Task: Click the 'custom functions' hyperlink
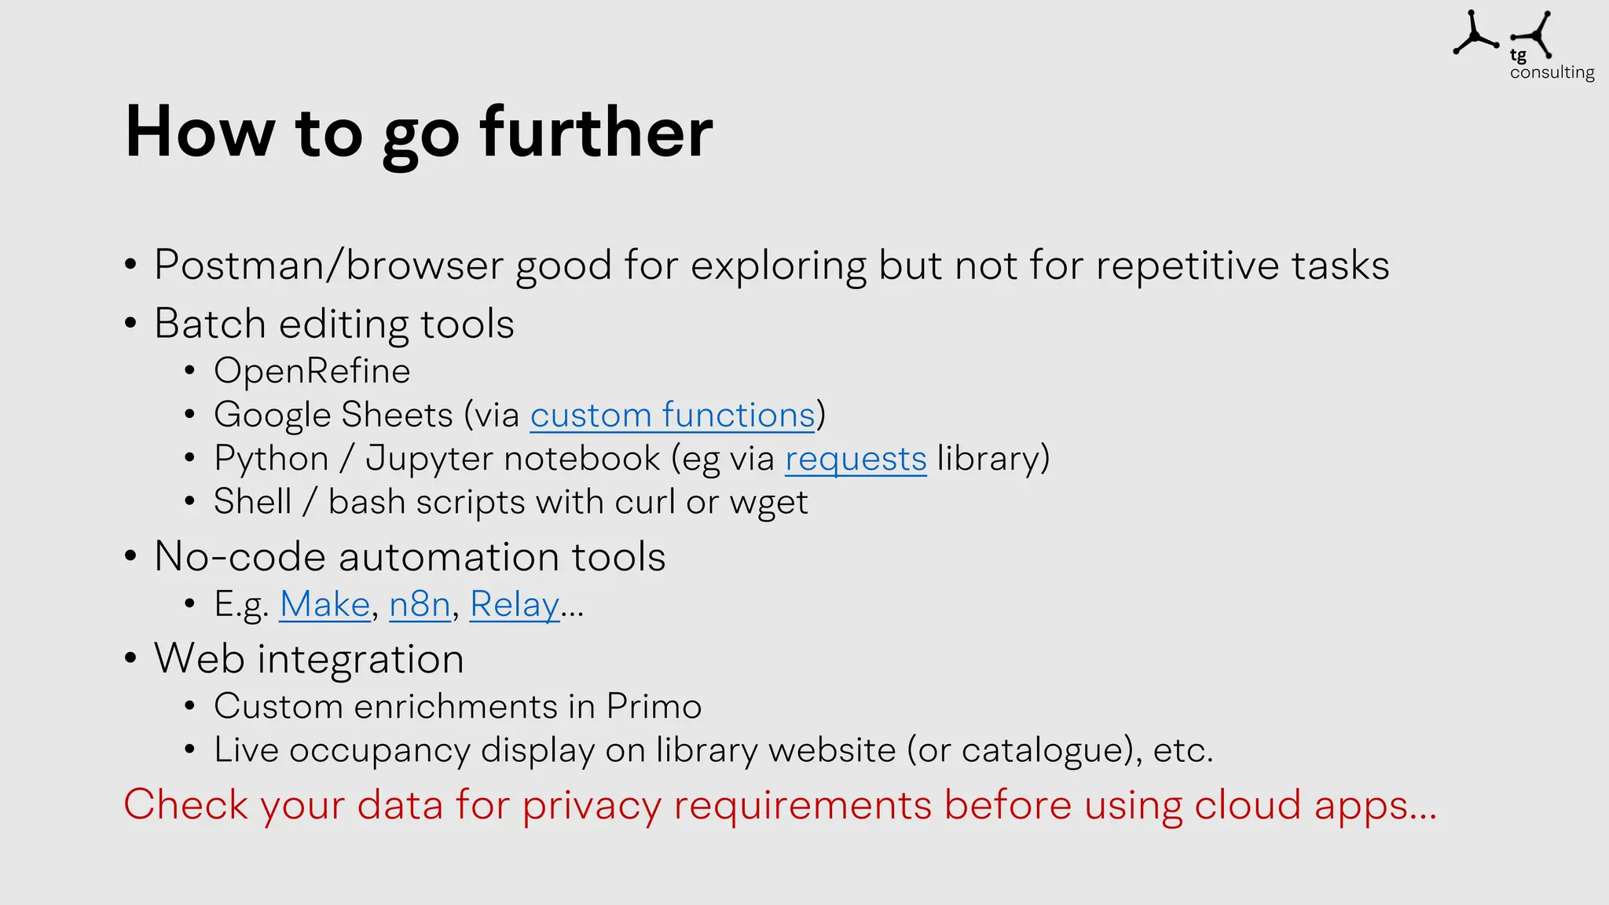pyautogui.click(x=673, y=415)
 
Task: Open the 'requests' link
pyautogui.click(x=856, y=459)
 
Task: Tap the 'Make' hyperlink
pyautogui.click(x=324, y=604)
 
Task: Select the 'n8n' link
pyautogui.click(x=420, y=604)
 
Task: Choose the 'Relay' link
pyautogui.click(x=515, y=604)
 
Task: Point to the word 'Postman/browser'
pyautogui.click(x=328, y=266)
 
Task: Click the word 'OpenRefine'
pyautogui.click(x=312, y=372)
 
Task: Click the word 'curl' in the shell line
pyautogui.click(x=644, y=502)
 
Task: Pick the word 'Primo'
pyautogui.click(x=654, y=706)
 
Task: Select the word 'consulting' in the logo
pyautogui.click(x=1552, y=72)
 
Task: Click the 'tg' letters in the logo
pyautogui.click(x=1518, y=55)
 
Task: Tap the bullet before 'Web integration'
pyautogui.click(x=130, y=658)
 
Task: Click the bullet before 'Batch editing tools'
pyautogui.click(x=130, y=324)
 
